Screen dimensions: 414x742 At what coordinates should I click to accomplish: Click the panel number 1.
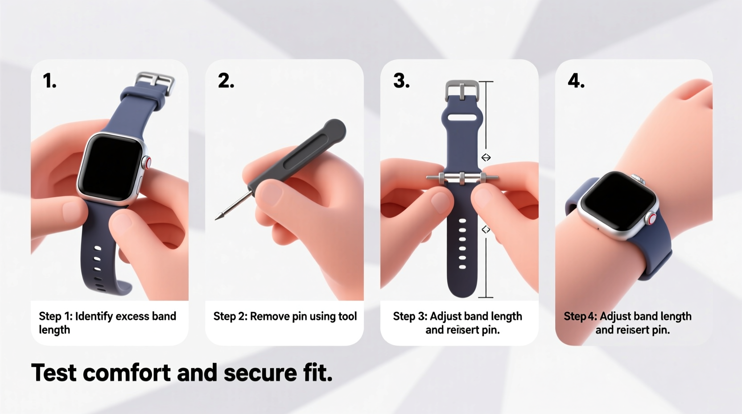(x=49, y=81)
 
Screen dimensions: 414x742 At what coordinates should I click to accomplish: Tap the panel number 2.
(x=226, y=81)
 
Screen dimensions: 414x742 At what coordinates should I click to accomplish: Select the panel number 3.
(x=401, y=81)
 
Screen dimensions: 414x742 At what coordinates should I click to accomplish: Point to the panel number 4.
(x=576, y=81)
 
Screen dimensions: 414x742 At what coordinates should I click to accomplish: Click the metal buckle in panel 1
(x=156, y=83)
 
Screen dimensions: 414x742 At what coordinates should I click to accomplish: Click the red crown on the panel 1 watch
(x=147, y=162)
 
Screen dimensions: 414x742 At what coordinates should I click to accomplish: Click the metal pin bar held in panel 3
(x=462, y=178)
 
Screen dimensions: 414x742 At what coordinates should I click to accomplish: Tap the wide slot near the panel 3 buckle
(x=462, y=118)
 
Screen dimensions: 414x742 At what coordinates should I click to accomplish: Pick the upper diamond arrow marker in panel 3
(x=486, y=157)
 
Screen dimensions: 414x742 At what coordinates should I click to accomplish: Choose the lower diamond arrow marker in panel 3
(x=486, y=229)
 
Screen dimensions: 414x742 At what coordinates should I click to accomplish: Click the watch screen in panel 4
(x=617, y=200)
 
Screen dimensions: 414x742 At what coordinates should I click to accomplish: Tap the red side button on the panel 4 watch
(x=652, y=219)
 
